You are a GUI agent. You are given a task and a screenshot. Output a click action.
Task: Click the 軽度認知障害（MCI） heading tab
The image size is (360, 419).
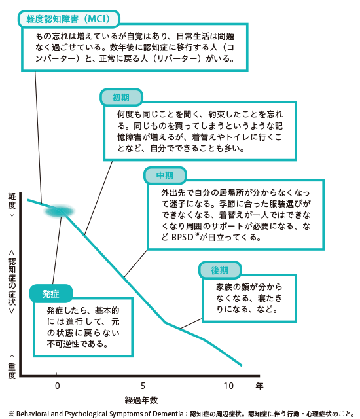click(x=69, y=19)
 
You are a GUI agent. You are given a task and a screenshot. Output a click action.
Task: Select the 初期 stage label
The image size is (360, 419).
click(x=121, y=98)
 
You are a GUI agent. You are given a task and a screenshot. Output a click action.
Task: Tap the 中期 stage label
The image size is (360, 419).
click(x=165, y=175)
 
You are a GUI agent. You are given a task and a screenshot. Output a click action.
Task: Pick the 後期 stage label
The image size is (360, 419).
click(x=219, y=270)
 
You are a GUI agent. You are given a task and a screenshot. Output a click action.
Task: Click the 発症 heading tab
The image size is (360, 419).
click(x=51, y=294)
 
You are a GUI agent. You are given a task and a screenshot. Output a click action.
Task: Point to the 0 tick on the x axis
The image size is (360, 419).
click(x=57, y=386)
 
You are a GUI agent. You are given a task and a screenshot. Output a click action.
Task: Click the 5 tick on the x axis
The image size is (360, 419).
click(x=143, y=386)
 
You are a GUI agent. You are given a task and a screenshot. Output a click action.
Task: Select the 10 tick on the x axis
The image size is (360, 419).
click(x=228, y=386)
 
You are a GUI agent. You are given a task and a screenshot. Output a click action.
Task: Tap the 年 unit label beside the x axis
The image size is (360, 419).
click(x=259, y=386)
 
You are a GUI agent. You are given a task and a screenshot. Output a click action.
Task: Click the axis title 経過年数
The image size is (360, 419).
click(x=141, y=400)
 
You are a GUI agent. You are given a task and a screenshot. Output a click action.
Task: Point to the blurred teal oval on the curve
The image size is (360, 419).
click(x=60, y=211)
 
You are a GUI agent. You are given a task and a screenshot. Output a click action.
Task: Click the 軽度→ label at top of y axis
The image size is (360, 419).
click(x=12, y=205)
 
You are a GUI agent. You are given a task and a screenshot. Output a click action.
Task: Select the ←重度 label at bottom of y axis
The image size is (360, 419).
click(x=12, y=367)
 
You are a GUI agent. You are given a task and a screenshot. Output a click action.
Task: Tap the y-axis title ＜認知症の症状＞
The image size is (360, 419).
click(x=12, y=282)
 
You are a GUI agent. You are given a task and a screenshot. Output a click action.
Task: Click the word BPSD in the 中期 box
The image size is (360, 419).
click(x=182, y=237)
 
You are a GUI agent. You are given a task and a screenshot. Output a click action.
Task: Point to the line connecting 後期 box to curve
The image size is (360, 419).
click(x=190, y=323)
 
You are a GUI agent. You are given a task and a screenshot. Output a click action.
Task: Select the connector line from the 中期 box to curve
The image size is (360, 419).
click(x=135, y=263)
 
